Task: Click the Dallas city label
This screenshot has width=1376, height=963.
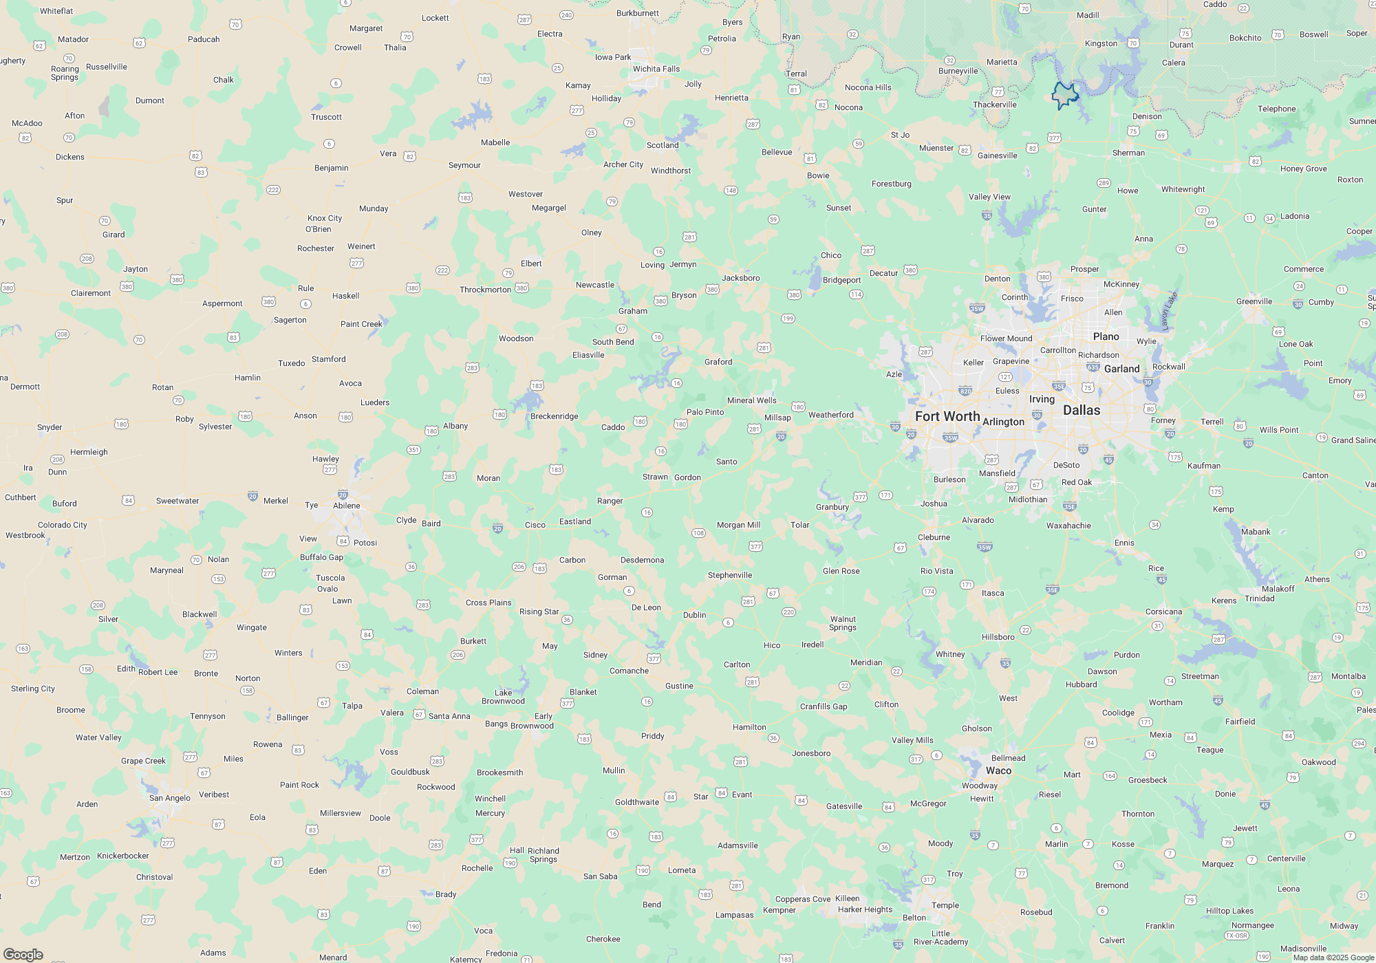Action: pos(1082,411)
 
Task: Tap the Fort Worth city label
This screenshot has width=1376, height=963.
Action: pos(947,417)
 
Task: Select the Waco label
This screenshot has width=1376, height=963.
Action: pos(998,771)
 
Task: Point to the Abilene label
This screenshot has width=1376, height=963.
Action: pos(347,506)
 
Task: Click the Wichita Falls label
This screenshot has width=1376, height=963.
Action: pos(656,69)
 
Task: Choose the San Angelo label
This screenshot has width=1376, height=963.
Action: pos(170,798)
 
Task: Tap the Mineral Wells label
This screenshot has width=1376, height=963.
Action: pos(751,400)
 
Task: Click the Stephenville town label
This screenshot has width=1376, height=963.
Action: pos(730,575)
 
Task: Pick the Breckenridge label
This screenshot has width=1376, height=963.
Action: pos(554,416)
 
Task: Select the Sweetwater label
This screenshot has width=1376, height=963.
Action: pos(178,501)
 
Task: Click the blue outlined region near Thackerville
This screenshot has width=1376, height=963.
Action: pos(1064,95)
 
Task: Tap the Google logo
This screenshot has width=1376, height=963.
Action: pos(23,954)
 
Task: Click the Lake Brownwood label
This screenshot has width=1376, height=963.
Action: pos(503,697)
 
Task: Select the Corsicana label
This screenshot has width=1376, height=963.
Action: pos(1163,612)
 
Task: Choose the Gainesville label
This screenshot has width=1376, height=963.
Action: pos(997,155)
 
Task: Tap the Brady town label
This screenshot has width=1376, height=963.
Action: pos(446,894)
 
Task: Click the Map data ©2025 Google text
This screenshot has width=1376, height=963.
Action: pos(1333,957)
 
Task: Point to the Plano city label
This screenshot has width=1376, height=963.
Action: pos(1106,336)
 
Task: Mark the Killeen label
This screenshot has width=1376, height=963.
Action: pos(847,898)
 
